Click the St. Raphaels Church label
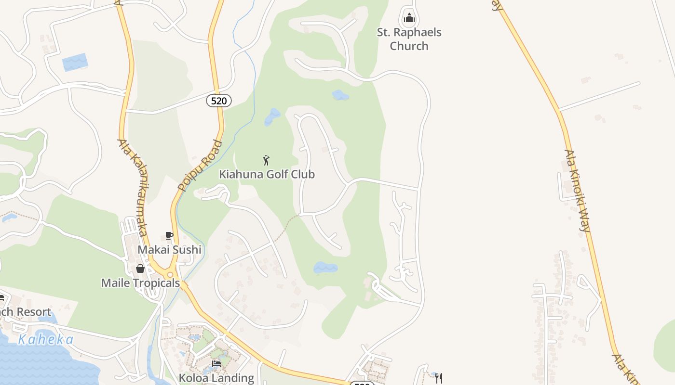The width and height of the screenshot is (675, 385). point(409,39)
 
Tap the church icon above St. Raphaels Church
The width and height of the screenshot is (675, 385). point(409,19)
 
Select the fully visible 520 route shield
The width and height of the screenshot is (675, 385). point(219,101)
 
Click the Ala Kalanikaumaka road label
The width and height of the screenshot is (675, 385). point(133,188)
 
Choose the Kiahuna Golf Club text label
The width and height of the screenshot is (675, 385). point(267,174)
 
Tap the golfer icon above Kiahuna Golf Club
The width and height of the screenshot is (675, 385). point(266,160)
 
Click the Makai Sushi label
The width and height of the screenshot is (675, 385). point(169,249)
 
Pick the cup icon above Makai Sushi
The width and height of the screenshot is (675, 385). point(169,235)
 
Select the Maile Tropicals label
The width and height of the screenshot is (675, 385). point(140,282)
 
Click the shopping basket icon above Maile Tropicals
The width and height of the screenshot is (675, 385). point(140,269)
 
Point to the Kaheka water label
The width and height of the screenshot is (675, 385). point(46,340)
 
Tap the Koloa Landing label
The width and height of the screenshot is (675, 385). point(216,378)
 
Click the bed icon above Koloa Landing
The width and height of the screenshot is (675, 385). point(216,364)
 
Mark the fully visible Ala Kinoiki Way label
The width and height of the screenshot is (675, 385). point(578,191)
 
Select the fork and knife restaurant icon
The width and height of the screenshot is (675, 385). point(439,378)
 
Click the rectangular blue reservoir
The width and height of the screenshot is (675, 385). point(75,63)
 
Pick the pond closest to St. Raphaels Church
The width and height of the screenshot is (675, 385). point(340,95)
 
